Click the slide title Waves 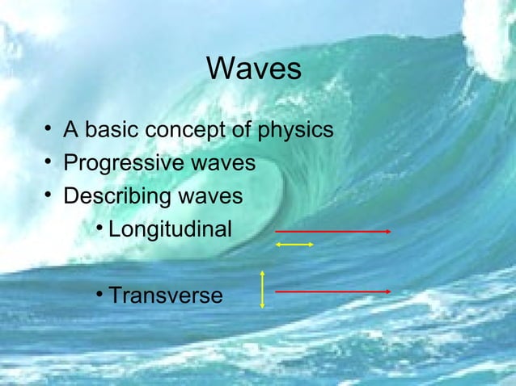(254, 69)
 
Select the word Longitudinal (170, 230)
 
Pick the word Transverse (165, 296)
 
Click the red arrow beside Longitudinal (333, 231)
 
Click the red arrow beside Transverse (333, 291)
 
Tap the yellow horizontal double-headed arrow (294, 244)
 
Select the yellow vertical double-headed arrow (263, 289)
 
